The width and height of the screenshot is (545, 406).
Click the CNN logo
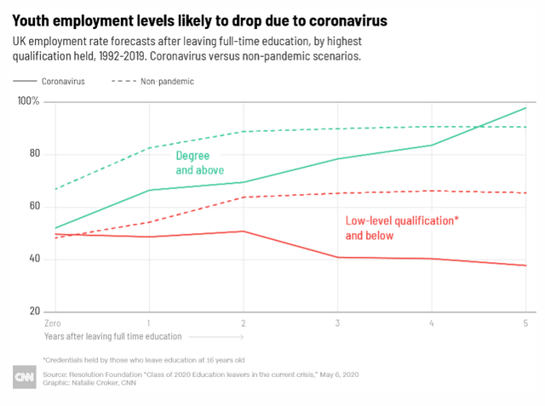[x=25, y=377]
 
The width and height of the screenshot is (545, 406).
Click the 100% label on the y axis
[x=28, y=101]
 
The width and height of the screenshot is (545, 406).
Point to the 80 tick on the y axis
[x=35, y=153]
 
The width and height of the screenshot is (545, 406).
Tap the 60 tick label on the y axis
[x=35, y=206]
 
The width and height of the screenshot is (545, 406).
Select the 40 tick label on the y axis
[x=35, y=259]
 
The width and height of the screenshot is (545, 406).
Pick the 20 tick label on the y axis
[x=35, y=311]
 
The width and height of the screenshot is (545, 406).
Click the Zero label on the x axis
[x=53, y=323]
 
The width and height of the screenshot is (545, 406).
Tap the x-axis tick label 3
[x=337, y=323]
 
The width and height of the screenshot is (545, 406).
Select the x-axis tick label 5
[x=525, y=323]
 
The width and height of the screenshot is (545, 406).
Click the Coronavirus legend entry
[x=49, y=81]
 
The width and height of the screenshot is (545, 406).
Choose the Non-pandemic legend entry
[x=153, y=81]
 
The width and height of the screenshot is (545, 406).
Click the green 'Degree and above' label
[x=200, y=163]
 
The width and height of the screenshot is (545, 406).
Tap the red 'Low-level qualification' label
[x=402, y=228]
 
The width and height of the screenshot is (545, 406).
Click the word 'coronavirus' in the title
[x=348, y=20]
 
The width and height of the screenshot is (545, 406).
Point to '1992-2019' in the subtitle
[x=122, y=56]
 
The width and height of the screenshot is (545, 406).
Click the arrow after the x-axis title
[x=216, y=336]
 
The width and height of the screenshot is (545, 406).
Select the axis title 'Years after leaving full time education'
[x=113, y=336]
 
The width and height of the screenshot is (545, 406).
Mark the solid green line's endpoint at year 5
[x=526, y=108]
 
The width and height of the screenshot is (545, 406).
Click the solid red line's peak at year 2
[x=244, y=232]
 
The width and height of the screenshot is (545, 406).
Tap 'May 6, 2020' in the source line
[x=339, y=375]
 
